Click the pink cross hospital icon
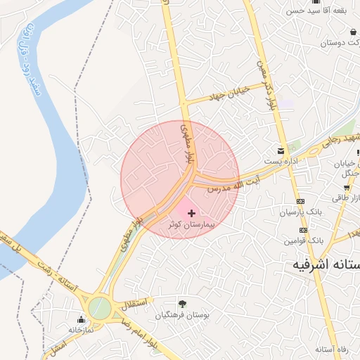point(191,212)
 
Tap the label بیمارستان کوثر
point(191,224)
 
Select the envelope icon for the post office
point(281,151)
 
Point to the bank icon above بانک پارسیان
point(301,201)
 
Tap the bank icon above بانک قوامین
point(303,230)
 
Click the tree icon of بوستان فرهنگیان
point(183,304)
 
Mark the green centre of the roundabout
point(100,307)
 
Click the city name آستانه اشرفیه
point(327,265)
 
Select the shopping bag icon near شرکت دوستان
point(352,32)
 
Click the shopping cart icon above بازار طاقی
point(347,187)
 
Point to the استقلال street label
point(134,304)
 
